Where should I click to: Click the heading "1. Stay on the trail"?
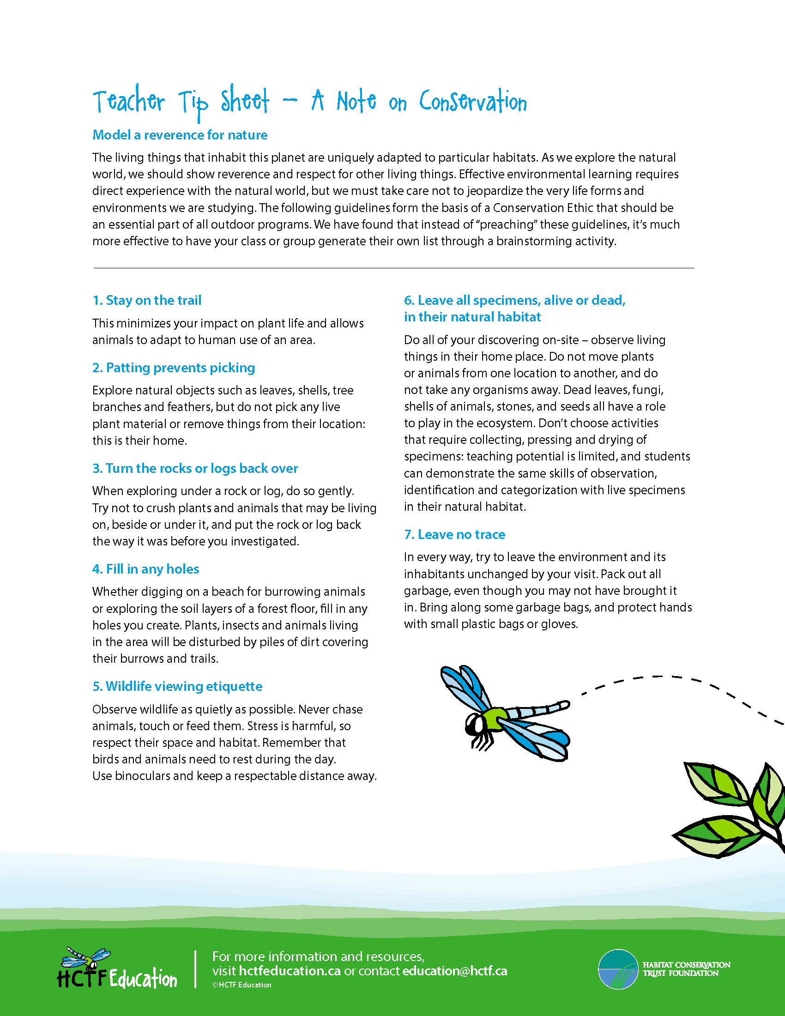click(147, 301)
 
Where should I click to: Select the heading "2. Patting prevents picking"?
click(174, 368)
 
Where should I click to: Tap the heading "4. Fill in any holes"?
click(145, 569)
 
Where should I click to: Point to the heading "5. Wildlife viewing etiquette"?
click(177, 687)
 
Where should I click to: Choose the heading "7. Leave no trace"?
click(454, 534)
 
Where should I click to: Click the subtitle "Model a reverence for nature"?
click(180, 135)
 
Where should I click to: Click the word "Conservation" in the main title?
click(472, 102)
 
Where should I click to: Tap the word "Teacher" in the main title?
click(129, 102)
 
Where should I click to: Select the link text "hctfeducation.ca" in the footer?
click(290, 971)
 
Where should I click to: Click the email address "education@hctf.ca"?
click(454, 971)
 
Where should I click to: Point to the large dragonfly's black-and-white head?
click(475, 725)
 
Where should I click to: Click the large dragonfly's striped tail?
click(539, 710)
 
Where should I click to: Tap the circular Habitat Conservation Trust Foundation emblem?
click(617, 969)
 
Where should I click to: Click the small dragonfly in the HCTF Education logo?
click(86, 957)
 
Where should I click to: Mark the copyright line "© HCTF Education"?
click(242, 985)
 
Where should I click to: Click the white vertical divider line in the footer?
click(195, 969)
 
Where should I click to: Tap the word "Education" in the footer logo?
click(143, 979)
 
